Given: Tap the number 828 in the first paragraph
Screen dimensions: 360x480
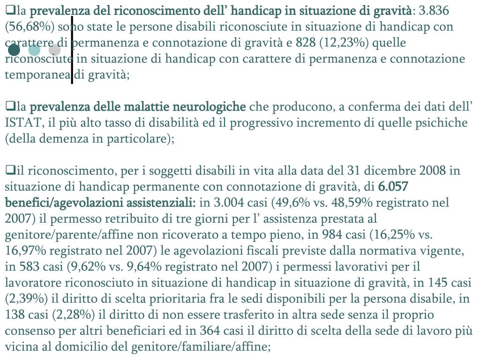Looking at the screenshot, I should (305, 43).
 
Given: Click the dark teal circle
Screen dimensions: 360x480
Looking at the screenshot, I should (14, 50).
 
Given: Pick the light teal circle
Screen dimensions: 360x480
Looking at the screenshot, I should (34, 50).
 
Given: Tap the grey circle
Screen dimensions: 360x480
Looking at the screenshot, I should (54, 50).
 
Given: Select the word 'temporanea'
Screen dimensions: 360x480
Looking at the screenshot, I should (37, 75).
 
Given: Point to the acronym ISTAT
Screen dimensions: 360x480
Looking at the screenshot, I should (20, 123).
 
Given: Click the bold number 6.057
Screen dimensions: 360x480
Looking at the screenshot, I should (393, 187).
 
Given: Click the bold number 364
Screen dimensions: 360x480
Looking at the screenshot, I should (209, 330).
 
